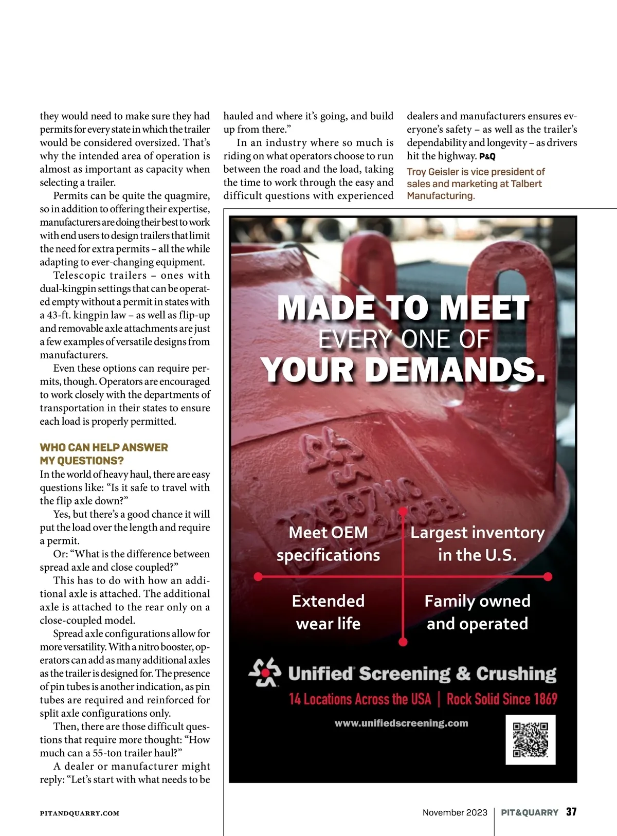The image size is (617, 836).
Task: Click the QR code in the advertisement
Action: coord(531,739)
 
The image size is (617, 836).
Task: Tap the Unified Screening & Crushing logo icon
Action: coord(265,673)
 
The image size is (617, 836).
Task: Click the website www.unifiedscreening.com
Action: coord(401,723)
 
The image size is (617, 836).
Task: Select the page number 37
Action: coord(571,812)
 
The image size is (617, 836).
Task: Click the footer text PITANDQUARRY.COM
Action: coord(80,813)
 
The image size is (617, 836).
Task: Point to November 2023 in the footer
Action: coord(455,812)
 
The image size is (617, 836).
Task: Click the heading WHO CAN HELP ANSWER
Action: coord(104,447)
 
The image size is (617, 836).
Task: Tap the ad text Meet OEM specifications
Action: coord(328,543)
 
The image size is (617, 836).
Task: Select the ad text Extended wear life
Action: coord(328,612)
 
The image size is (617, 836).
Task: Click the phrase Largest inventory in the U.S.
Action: coord(477,543)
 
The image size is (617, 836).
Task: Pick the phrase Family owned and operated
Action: coord(477,612)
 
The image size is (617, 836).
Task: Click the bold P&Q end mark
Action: coord(487,157)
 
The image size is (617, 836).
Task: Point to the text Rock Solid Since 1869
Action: coord(502,699)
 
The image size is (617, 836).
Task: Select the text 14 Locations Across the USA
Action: coord(360,699)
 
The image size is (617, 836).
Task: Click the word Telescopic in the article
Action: coord(79,275)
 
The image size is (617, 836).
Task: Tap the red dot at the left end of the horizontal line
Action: coord(258,576)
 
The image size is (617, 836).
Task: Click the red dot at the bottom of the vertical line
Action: coord(403,642)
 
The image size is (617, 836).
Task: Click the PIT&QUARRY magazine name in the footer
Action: coord(530,812)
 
